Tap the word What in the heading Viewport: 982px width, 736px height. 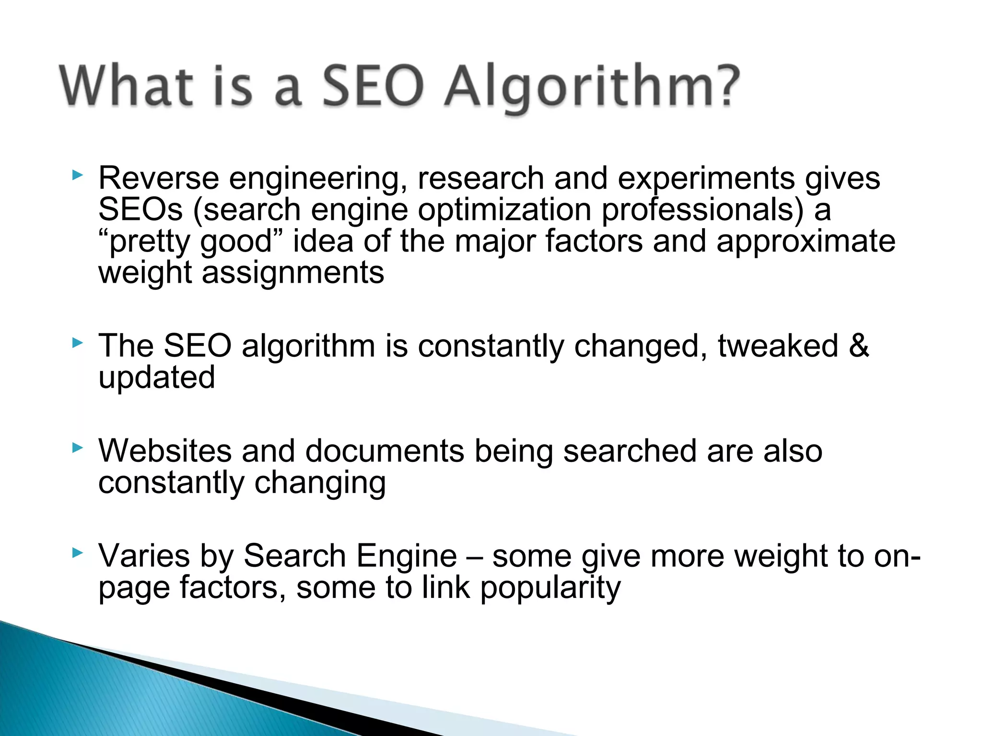coord(126,86)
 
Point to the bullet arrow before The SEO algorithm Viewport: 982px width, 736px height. coord(77,343)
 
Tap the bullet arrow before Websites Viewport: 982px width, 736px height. coord(77,448)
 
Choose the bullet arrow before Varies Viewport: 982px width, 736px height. coord(77,553)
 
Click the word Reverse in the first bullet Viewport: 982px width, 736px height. coord(159,178)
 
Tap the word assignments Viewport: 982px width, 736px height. coord(293,273)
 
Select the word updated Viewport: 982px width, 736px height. coord(157,378)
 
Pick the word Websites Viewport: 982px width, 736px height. coord(165,451)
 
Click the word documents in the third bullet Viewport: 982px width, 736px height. coord(385,451)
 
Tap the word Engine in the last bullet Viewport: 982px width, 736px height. coord(406,556)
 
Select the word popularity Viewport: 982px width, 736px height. coord(550,588)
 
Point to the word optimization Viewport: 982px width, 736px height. coord(504,210)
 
